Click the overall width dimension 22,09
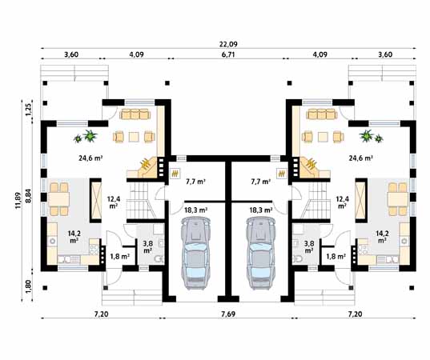pyautogui.click(x=228, y=44)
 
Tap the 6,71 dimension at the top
pyautogui.click(x=228, y=54)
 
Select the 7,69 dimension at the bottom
pyautogui.click(x=228, y=314)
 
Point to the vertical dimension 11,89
pyautogui.click(x=18, y=200)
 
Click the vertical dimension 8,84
pyautogui.click(x=28, y=196)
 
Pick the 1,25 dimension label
pyautogui.click(x=29, y=110)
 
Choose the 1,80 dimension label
pyautogui.click(x=29, y=287)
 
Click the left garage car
pyautogui.click(x=196, y=253)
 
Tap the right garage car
pyautogui.click(x=260, y=253)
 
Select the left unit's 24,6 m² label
pyautogui.click(x=90, y=158)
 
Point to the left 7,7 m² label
pyautogui.click(x=196, y=182)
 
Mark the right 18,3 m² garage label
pyautogui.click(x=261, y=210)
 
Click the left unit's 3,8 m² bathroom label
pyautogui.click(x=147, y=246)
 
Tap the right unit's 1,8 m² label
pyautogui.click(x=336, y=257)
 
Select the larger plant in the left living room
pyautogui.click(x=90, y=136)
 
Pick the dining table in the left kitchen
pyautogui.click(x=59, y=199)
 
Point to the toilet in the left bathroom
pyautogui.click(x=159, y=258)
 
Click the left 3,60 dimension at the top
pyautogui.click(x=71, y=54)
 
